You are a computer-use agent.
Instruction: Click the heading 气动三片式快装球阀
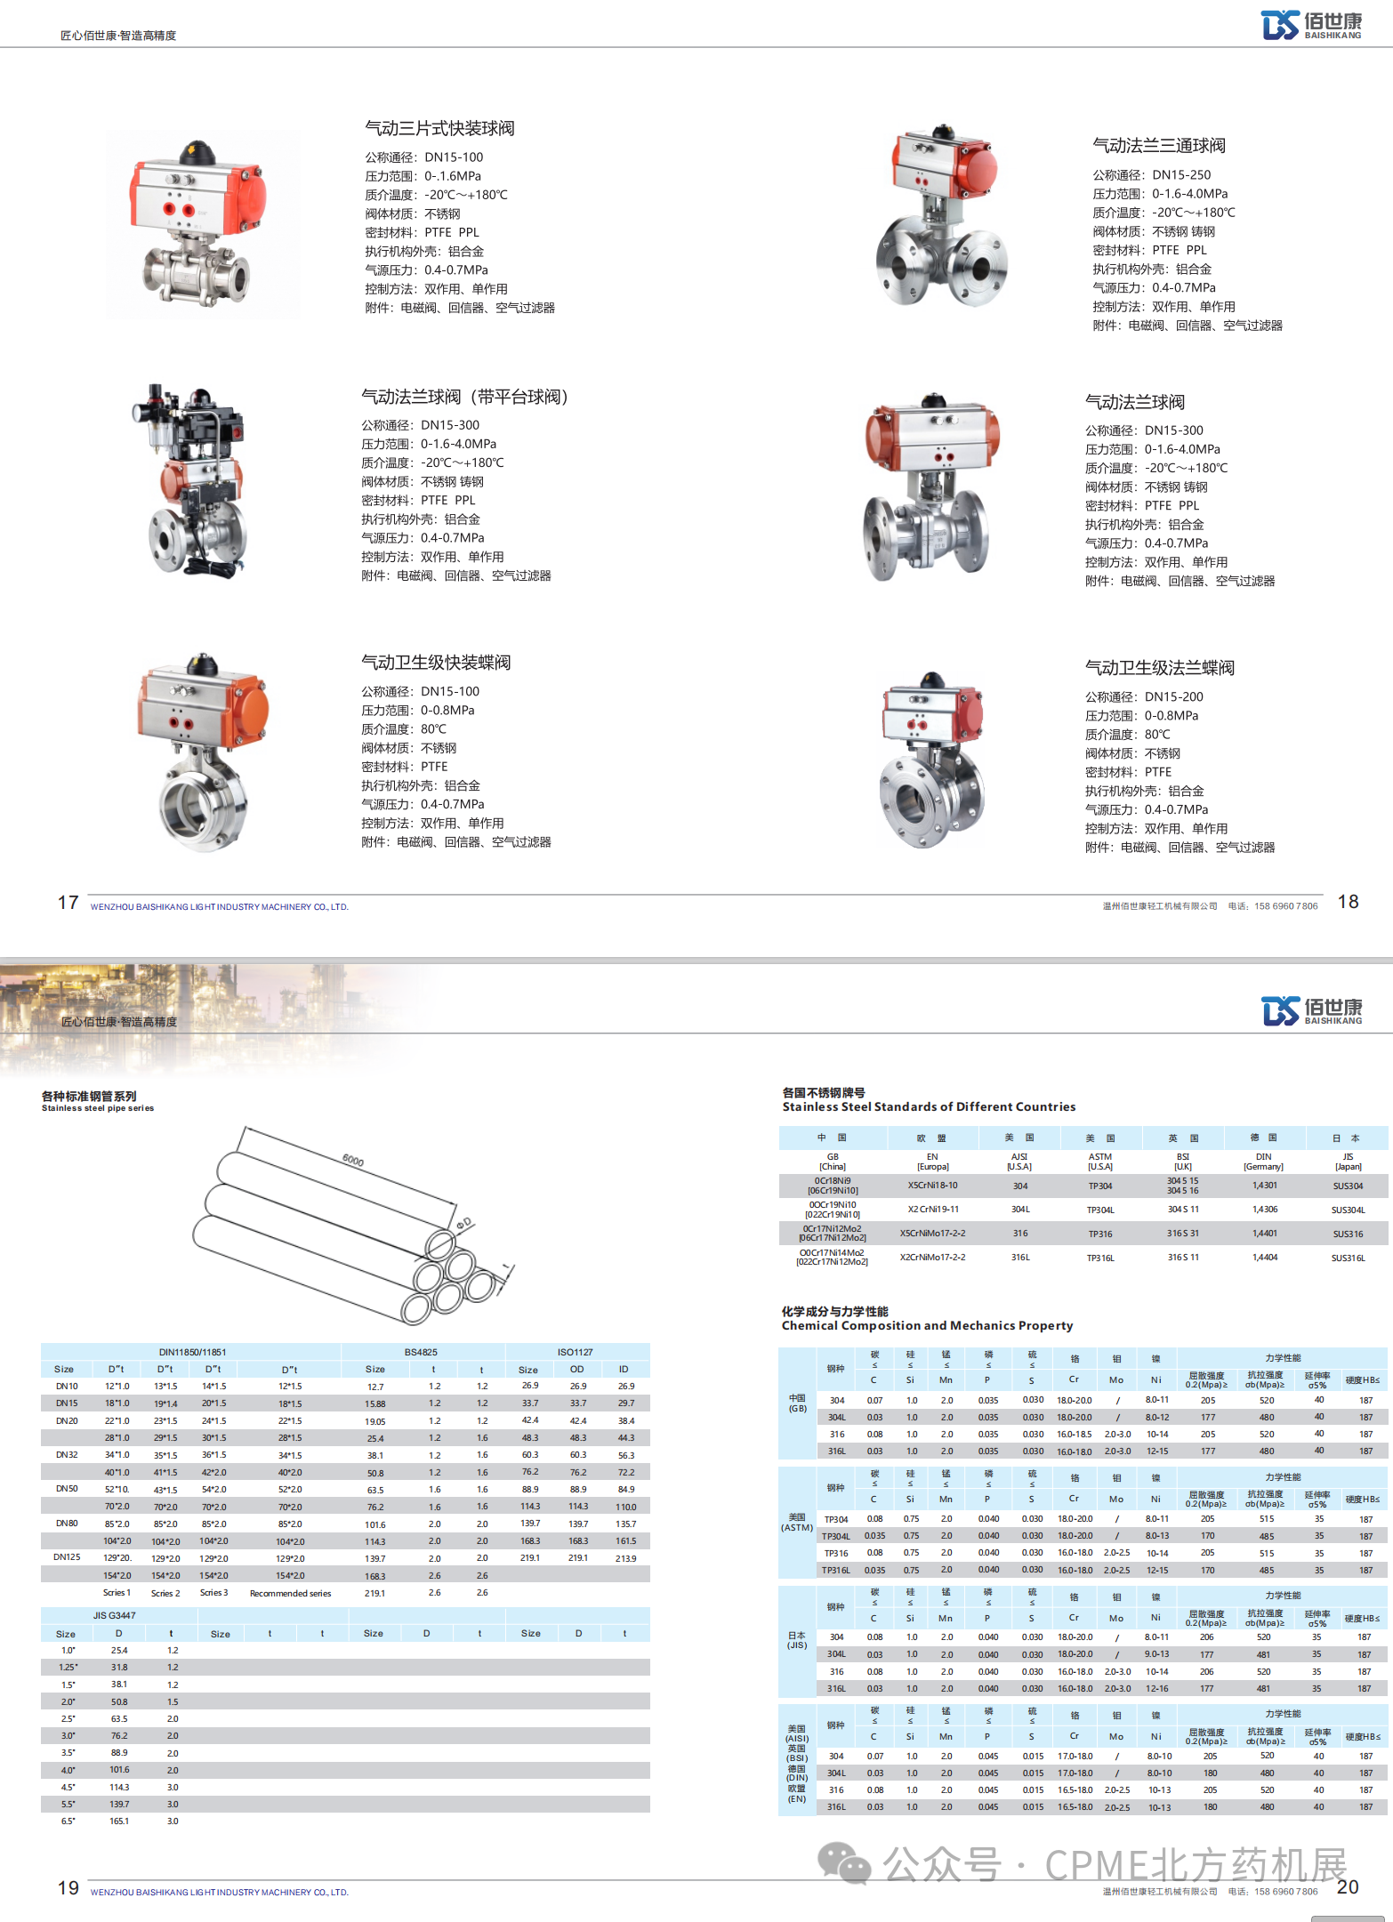pos(439,128)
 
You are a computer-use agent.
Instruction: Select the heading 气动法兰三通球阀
pos(1159,146)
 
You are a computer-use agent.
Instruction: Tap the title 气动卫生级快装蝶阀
pos(436,663)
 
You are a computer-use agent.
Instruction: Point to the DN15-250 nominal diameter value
pos(1181,175)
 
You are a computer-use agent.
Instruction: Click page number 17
pos(68,903)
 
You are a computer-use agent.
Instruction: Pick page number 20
pos(1348,1887)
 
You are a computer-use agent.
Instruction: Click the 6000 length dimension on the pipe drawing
pos(353,1160)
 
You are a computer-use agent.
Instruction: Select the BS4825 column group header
pos(421,1352)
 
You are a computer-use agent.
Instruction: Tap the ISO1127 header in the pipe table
pos(576,1352)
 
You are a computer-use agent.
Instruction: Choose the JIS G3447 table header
pos(115,1615)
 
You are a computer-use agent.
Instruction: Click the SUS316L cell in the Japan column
pos(1348,1258)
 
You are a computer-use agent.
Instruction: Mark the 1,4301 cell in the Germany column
pos(1264,1186)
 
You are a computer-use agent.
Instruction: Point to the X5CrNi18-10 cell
pos(932,1186)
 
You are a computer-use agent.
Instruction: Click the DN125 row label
pos(67,1557)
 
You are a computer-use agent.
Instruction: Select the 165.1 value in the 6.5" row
pos(119,1821)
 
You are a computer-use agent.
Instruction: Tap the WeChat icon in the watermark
pos(843,1863)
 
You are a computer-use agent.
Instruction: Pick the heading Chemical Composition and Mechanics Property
pos(927,1325)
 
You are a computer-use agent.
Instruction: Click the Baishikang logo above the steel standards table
pos(1311,1011)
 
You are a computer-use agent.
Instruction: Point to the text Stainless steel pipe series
pos(98,1108)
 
